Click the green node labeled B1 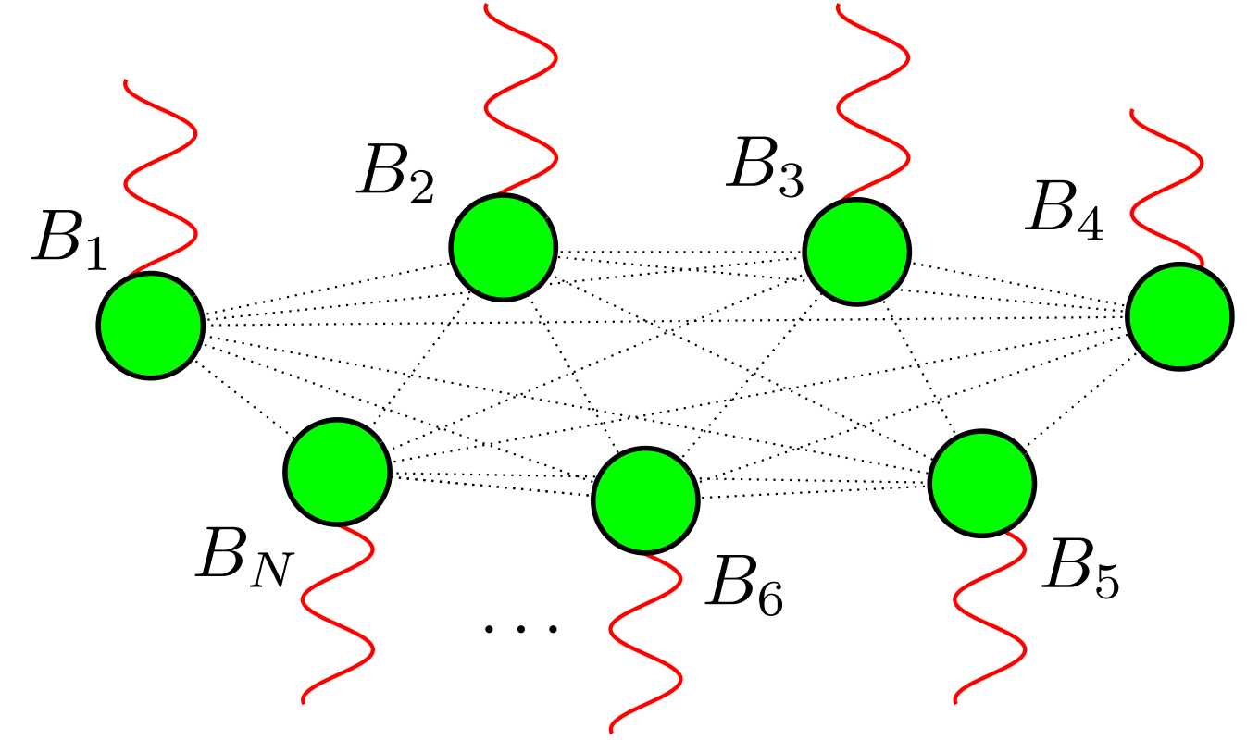click(150, 325)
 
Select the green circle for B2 click(504, 247)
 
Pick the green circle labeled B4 click(1179, 316)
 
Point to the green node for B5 click(982, 482)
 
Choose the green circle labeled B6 click(645, 499)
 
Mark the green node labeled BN click(338, 472)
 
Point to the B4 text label click(1065, 216)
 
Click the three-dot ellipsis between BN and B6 click(521, 629)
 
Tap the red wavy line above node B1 click(159, 176)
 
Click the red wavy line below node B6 click(643, 638)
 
